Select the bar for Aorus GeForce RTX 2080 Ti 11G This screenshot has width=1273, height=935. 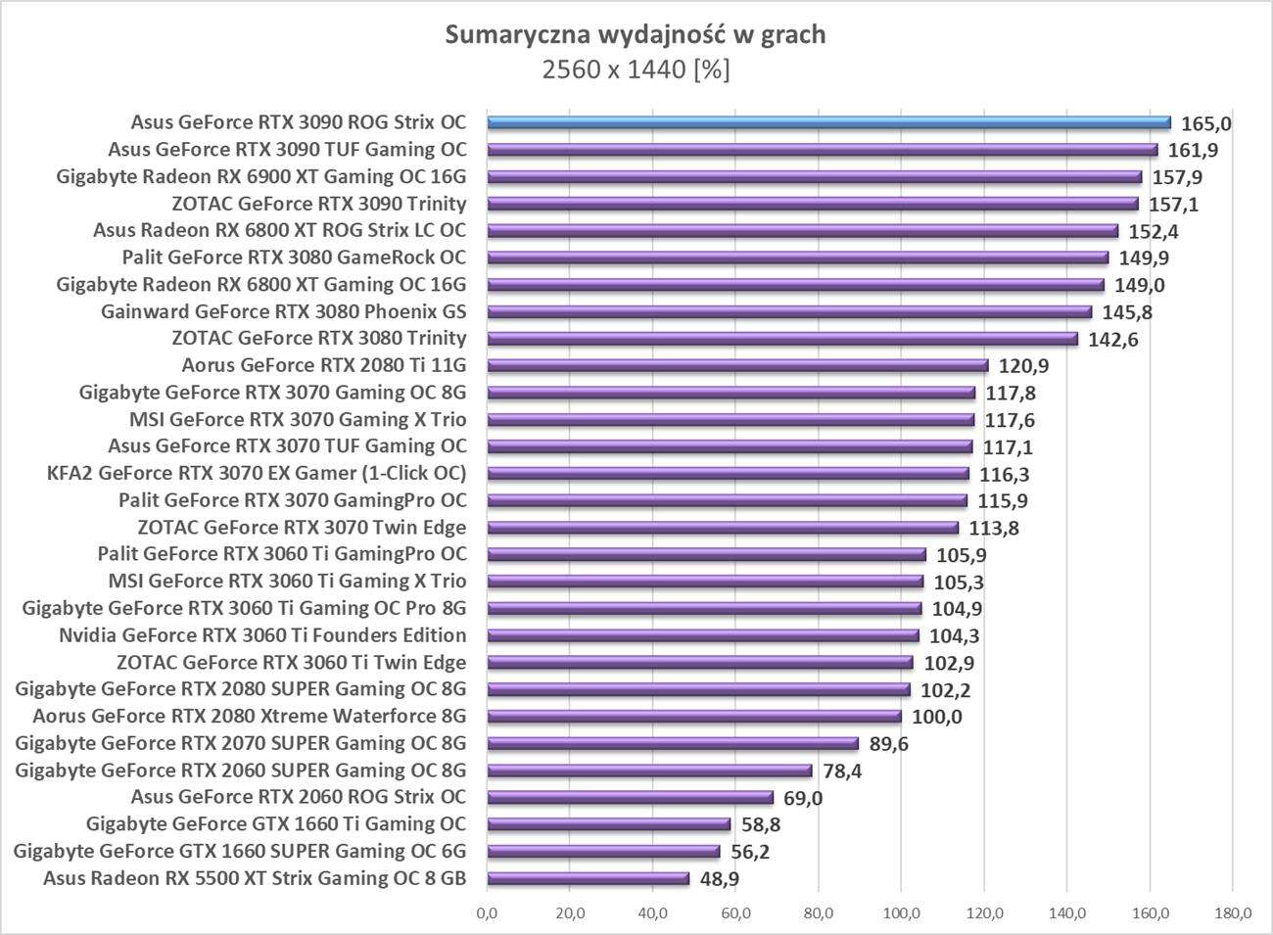click(737, 365)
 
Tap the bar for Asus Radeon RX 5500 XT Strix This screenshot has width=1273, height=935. click(588, 878)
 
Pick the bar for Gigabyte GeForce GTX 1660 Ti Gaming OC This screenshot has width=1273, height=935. click(608, 824)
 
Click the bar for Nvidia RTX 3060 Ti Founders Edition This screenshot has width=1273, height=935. click(702, 635)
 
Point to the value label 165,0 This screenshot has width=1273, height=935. click(1205, 123)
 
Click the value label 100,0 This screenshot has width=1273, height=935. click(937, 717)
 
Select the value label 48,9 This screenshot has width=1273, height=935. click(720, 879)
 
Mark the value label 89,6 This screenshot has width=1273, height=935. click(889, 744)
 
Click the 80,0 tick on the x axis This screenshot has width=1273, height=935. click(819, 914)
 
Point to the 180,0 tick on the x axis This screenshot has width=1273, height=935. click(1233, 914)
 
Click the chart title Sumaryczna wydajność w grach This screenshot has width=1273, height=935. click(636, 35)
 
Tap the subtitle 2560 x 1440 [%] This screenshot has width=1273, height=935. click(636, 70)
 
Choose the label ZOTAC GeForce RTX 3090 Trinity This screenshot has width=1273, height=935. click(318, 204)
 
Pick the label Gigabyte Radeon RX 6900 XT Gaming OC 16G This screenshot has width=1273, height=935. click(261, 177)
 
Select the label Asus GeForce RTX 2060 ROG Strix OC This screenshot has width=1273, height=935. click(298, 797)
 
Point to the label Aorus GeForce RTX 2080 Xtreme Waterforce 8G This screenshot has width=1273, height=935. click(249, 716)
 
